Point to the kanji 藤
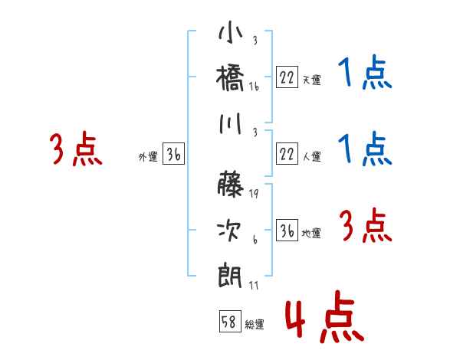click(x=231, y=184)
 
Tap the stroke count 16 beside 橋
click(x=254, y=88)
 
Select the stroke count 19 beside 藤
click(x=254, y=194)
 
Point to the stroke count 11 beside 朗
click(x=254, y=286)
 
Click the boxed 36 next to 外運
click(x=173, y=155)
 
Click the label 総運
click(x=255, y=325)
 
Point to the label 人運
click(x=312, y=157)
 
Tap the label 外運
click(x=147, y=157)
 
